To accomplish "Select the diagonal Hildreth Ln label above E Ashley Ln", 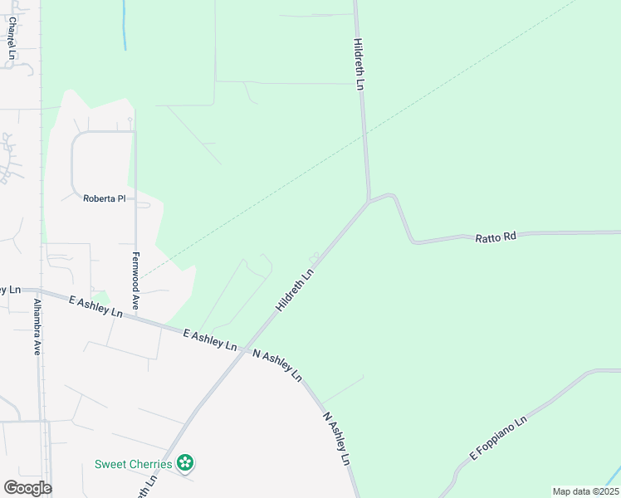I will (296, 289).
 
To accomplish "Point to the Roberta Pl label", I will (104, 198).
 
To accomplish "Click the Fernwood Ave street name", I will (135, 281).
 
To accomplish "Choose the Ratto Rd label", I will (496, 237).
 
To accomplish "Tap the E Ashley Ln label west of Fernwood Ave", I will (95, 306).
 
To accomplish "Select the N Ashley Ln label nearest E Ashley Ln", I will (276, 364).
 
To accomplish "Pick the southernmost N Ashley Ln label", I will (336, 438).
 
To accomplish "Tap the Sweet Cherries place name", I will (133, 464).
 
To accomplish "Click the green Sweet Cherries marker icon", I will (188, 463).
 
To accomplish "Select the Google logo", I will (27, 488).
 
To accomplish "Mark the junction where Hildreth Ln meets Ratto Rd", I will (368, 201).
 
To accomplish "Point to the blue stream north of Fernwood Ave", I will (124, 25).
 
